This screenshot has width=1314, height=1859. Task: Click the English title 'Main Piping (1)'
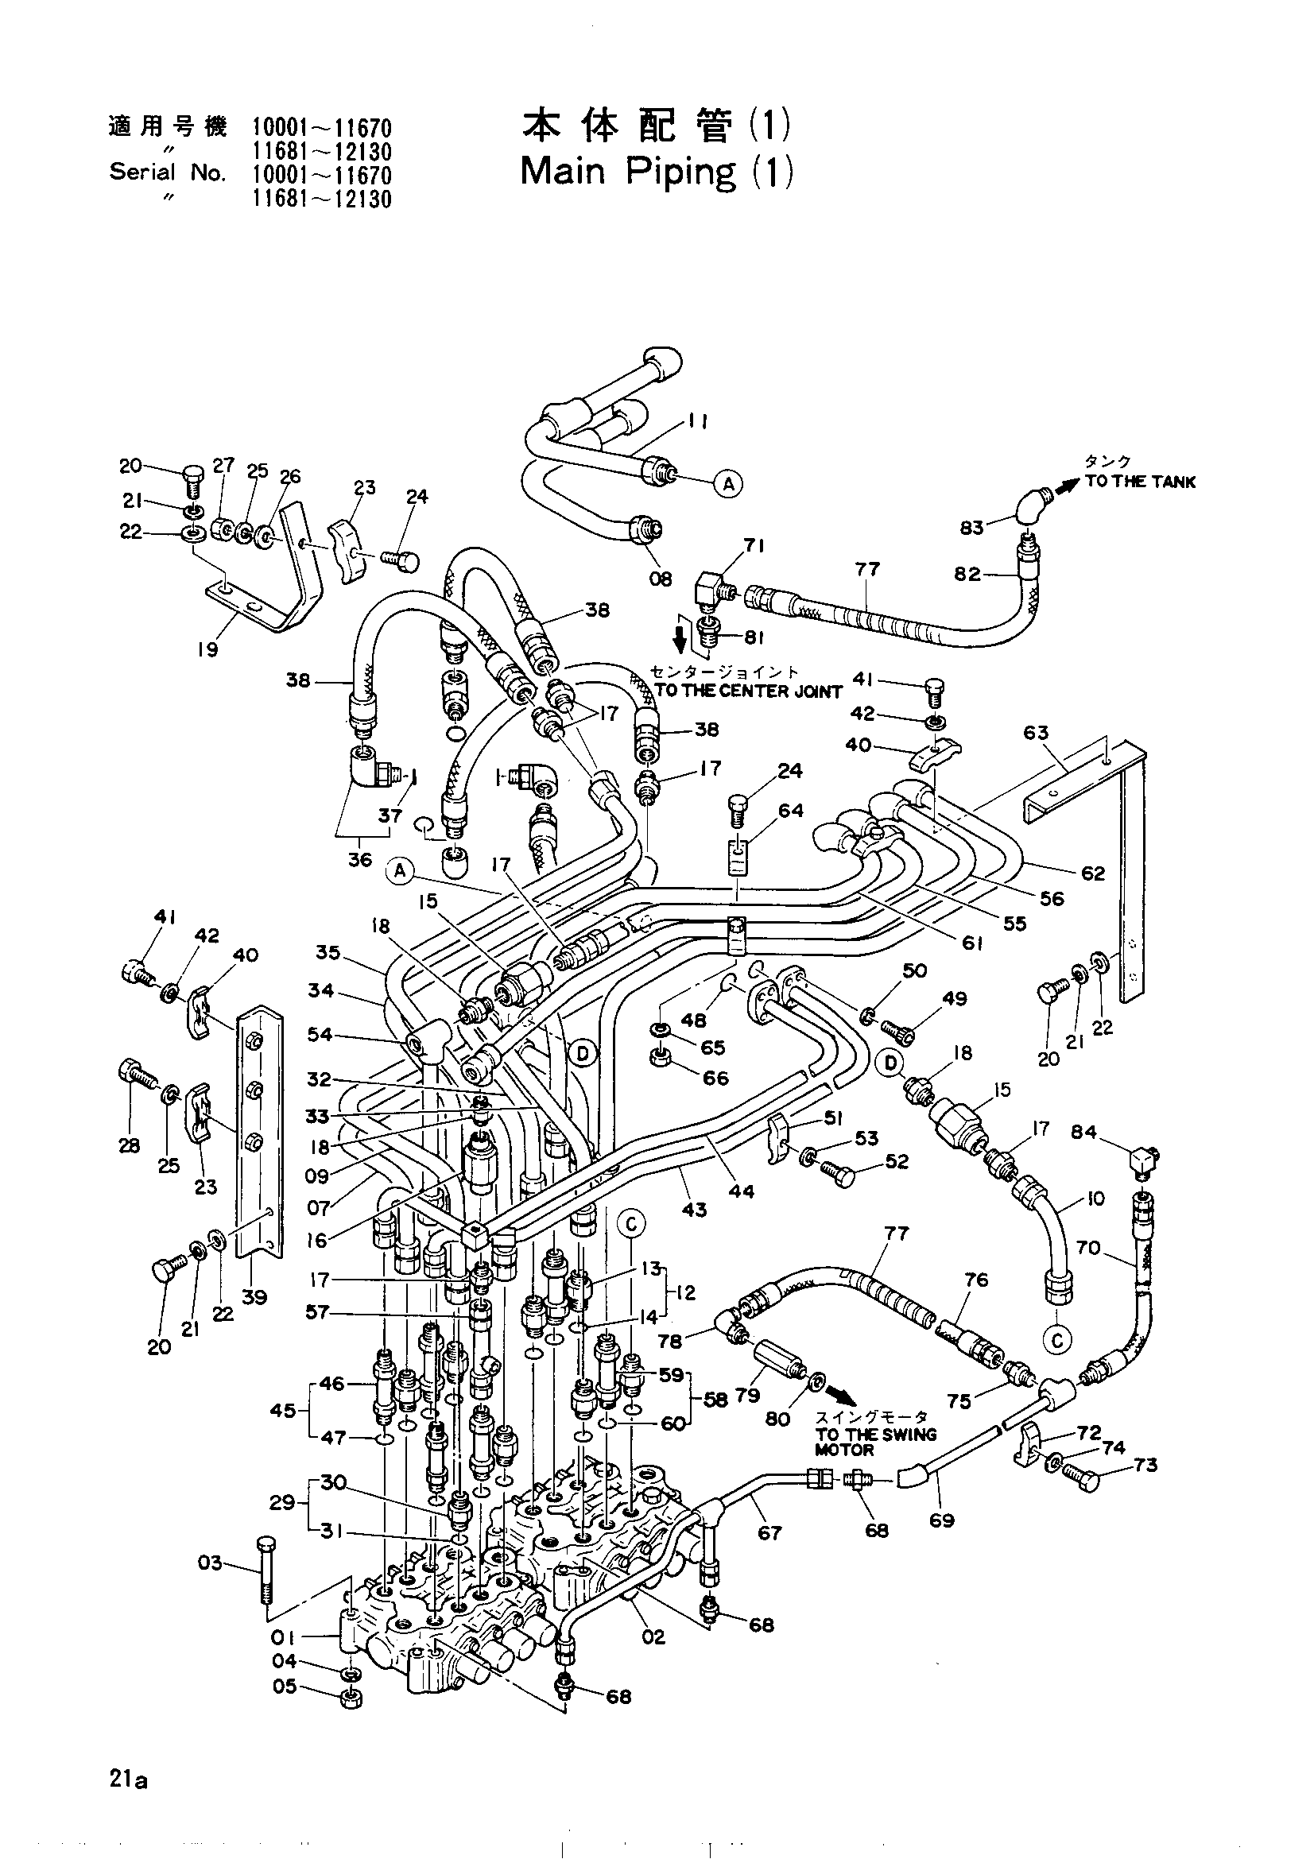[x=656, y=172]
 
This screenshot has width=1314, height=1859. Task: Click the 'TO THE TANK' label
[x=1140, y=482]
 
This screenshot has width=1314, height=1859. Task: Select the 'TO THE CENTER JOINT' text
[x=748, y=691]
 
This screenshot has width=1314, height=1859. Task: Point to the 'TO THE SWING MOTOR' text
[x=875, y=1441]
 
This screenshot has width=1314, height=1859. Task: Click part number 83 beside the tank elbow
[x=971, y=527]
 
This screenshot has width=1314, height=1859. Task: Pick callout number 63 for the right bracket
[x=1036, y=733]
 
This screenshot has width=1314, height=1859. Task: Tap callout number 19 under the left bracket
[x=208, y=649]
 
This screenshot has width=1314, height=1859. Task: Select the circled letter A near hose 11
[x=728, y=484]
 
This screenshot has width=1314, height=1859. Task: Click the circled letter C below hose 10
[x=1057, y=1341]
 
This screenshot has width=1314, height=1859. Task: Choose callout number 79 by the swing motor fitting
[x=746, y=1395]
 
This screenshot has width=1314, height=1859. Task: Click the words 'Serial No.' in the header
[x=168, y=172]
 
